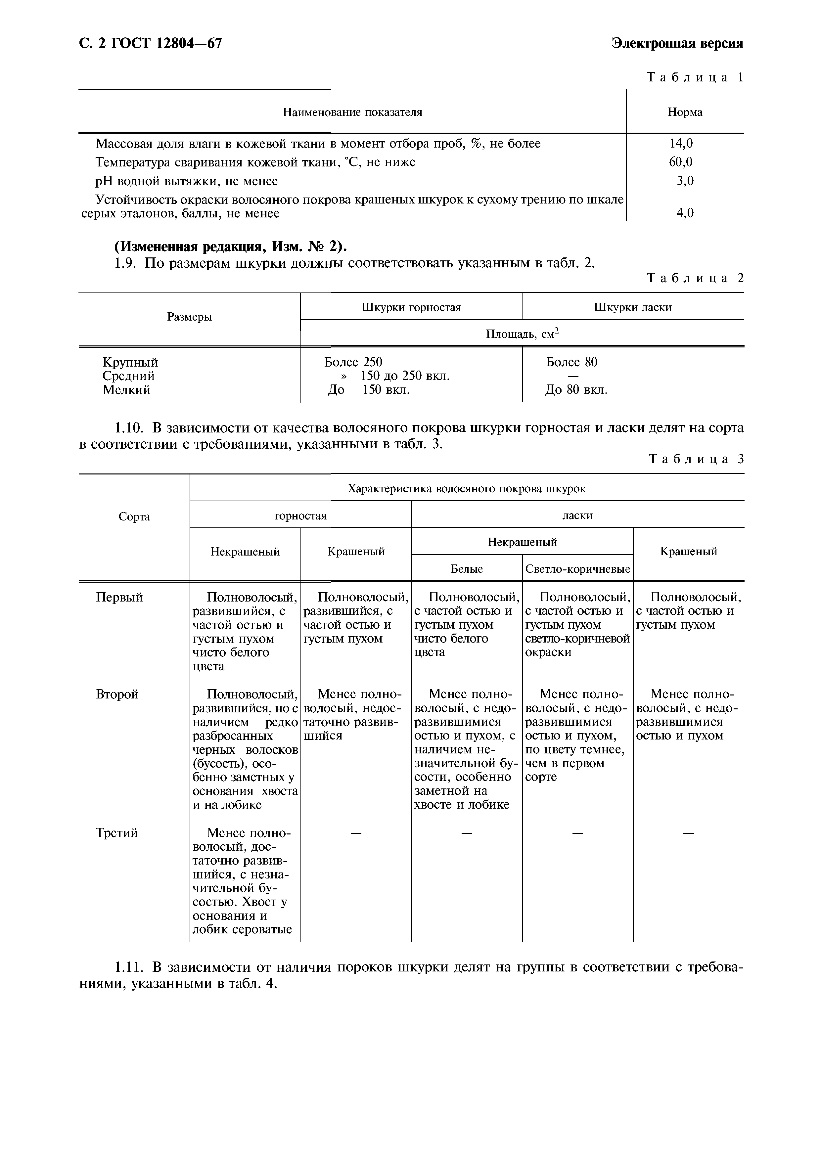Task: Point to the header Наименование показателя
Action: (x=352, y=112)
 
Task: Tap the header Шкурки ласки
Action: (x=632, y=307)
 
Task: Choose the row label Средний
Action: (x=128, y=376)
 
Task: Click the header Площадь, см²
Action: (x=522, y=334)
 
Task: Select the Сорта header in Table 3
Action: (x=134, y=517)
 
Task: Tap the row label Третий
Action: (x=117, y=833)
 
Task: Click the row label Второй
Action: (x=117, y=694)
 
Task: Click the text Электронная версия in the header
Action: (x=677, y=43)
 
